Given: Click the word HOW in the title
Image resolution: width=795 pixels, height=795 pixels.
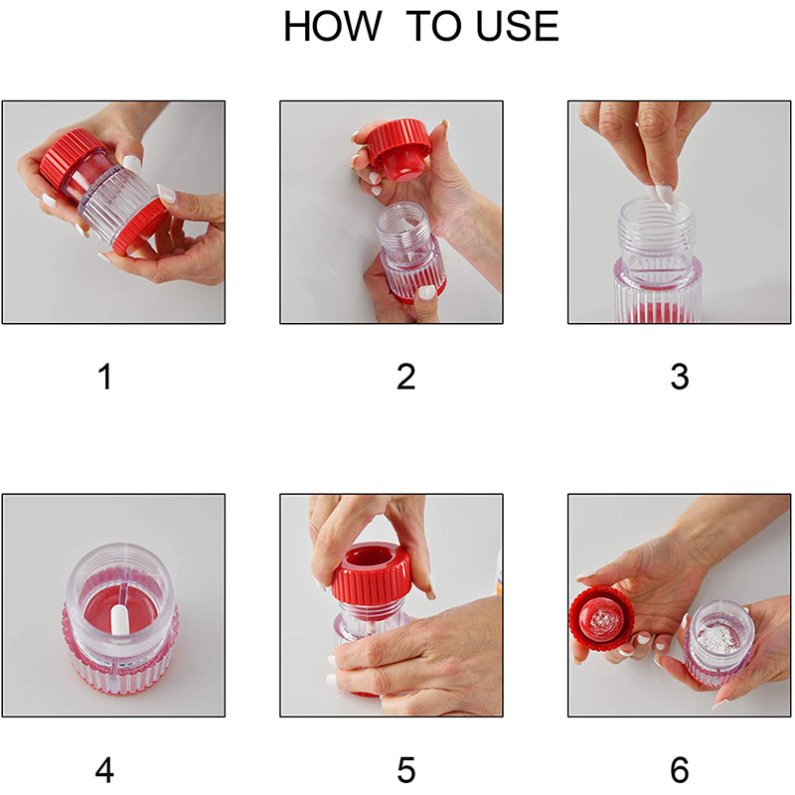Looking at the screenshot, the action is (x=332, y=27).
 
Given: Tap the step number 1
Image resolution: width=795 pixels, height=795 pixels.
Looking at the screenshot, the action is (x=105, y=377).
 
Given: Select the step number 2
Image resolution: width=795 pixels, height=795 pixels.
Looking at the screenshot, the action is (x=406, y=377).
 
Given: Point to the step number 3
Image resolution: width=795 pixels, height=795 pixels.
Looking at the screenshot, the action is (x=680, y=377).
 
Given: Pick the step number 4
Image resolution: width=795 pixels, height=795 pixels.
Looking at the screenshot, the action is (x=104, y=770).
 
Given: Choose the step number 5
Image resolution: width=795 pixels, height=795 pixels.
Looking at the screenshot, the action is (x=406, y=770).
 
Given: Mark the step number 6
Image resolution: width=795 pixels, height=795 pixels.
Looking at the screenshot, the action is (x=680, y=770).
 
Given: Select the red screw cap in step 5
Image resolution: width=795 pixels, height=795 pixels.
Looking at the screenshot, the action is (x=372, y=574).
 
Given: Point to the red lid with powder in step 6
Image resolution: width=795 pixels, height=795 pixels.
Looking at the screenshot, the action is (x=602, y=620).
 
